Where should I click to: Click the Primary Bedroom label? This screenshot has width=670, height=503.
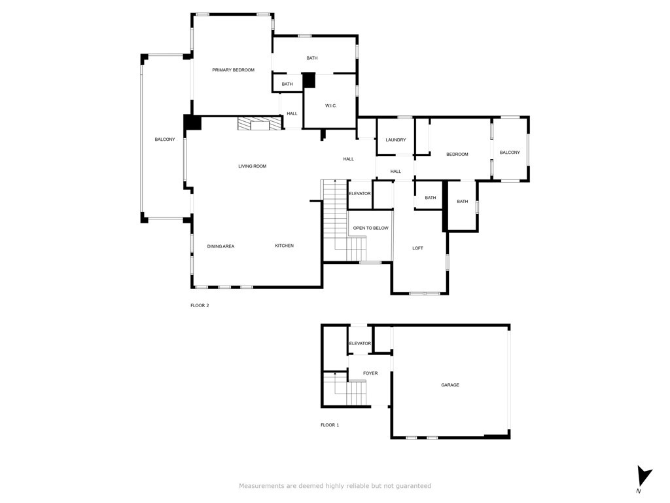pos(234,69)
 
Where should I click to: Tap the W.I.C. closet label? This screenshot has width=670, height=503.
pos(330,105)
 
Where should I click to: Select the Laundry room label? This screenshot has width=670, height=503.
pos(396,140)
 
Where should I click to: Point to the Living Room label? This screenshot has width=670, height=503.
pos(252,166)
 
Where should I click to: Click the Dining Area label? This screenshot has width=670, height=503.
pos(220,246)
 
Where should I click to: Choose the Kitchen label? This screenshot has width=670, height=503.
pos(284,246)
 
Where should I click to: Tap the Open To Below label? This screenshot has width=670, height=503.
pos(370,228)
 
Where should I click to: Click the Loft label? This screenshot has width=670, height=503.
pos(417,248)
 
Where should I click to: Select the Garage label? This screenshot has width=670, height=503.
pos(450,385)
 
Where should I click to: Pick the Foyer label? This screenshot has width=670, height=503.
pos(370,373)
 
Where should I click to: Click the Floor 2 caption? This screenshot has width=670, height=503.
pos(200,305)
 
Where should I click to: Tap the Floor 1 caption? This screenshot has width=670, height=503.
pos(330,424)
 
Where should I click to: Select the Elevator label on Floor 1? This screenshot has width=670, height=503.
pos(360,343)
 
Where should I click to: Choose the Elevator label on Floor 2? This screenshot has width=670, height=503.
pos(360,193)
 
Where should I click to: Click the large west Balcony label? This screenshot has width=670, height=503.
pos(165,140)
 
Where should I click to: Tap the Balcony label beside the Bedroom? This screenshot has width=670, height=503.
pos(510,152)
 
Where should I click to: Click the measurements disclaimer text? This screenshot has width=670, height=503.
pos(335,486)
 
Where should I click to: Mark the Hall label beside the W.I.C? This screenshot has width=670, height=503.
pos(292,114)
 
